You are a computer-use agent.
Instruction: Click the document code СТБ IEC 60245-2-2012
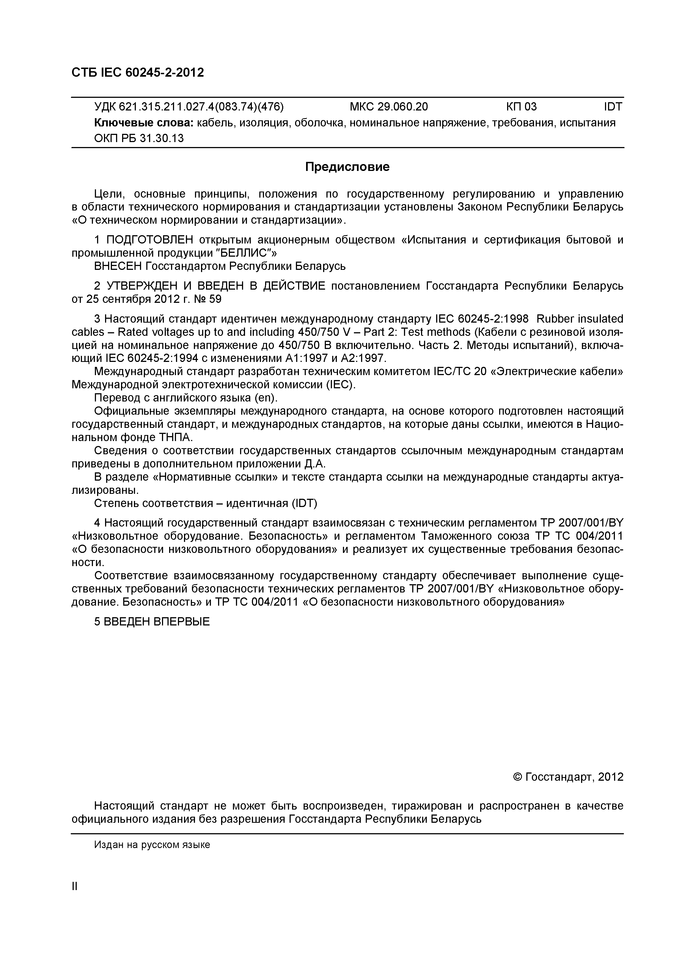coord(138,73)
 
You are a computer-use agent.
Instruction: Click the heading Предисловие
coord(347,167)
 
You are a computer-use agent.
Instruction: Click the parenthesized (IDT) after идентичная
coord(302,503)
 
